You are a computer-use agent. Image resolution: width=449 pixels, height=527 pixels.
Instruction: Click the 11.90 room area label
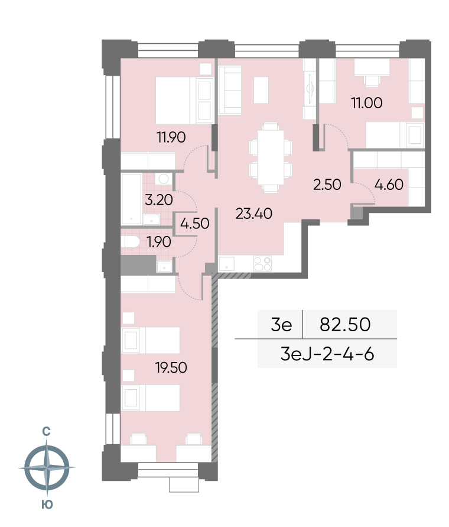point(171,137)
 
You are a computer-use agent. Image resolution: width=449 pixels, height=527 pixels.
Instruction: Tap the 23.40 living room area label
point(253,214)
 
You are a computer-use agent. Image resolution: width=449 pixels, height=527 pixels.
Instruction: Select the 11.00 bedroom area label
point(366,103)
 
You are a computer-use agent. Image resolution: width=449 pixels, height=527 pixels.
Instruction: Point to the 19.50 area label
point(171,367)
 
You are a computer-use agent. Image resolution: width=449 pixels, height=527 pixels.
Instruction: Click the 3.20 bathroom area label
point(159,200)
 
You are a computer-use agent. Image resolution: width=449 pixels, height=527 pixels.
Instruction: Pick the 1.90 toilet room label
point(159,242)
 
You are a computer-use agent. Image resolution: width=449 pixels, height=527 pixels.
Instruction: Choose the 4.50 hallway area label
point(195,223)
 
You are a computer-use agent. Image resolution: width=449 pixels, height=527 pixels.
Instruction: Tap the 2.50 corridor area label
point(327,185)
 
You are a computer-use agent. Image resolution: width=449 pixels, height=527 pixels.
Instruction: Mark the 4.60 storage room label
point(389,185)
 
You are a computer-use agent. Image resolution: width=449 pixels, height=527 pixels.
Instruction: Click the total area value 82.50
point(345,324)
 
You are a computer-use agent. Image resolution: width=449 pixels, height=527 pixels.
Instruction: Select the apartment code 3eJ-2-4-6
point(327,354)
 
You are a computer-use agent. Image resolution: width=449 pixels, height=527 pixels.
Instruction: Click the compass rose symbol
point(47,467)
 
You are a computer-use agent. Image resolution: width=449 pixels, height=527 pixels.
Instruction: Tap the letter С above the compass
point(46,432)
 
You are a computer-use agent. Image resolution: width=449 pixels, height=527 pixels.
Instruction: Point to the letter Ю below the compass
point(47,505)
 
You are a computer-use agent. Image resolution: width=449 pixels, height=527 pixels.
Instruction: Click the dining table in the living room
point(271,158)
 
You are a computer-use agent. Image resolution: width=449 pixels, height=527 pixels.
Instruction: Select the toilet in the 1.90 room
point(131,242)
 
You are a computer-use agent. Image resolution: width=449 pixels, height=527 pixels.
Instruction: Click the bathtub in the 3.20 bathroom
point(131,199)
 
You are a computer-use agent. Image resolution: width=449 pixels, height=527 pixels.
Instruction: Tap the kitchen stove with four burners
point(262,264)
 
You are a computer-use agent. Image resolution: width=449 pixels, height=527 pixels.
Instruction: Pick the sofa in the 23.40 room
point(230,90)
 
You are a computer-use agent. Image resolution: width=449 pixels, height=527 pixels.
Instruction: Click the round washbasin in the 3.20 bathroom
point(164,179)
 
